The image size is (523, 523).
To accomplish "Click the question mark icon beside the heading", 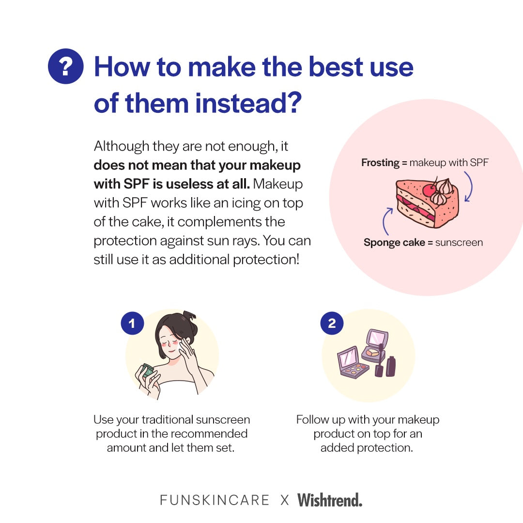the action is click(66, 66).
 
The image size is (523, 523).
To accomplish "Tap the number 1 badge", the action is click(132, 323).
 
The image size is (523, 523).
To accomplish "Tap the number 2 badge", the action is click(332, 323).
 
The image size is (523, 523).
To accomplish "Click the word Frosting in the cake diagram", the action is click(380, 163).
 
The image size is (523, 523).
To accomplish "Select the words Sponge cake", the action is click(394, 243).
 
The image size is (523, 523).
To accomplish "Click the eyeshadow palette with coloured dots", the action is click(353, 363).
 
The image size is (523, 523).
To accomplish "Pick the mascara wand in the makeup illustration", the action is click(380, 360).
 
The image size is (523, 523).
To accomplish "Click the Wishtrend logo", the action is click(330, 500).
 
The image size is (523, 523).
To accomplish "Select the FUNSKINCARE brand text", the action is click(215, 500).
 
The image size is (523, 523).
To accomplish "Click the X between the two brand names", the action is click(285, 500).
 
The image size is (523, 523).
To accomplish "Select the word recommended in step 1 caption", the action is click(210, 433).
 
